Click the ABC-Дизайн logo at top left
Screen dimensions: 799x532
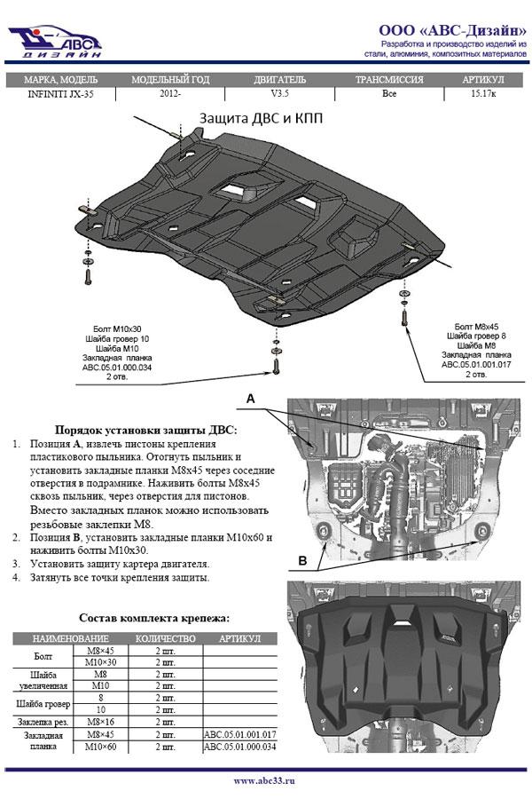55,40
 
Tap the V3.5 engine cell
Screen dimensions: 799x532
279,93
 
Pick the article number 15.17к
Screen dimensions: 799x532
483,93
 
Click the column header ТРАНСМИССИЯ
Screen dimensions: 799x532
388,79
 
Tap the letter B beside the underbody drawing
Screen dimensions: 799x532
302,560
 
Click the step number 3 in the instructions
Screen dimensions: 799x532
17,564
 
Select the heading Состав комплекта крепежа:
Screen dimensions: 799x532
154,617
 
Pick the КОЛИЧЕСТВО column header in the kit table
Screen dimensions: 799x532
165,639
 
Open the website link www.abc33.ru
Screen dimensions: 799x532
265,781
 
